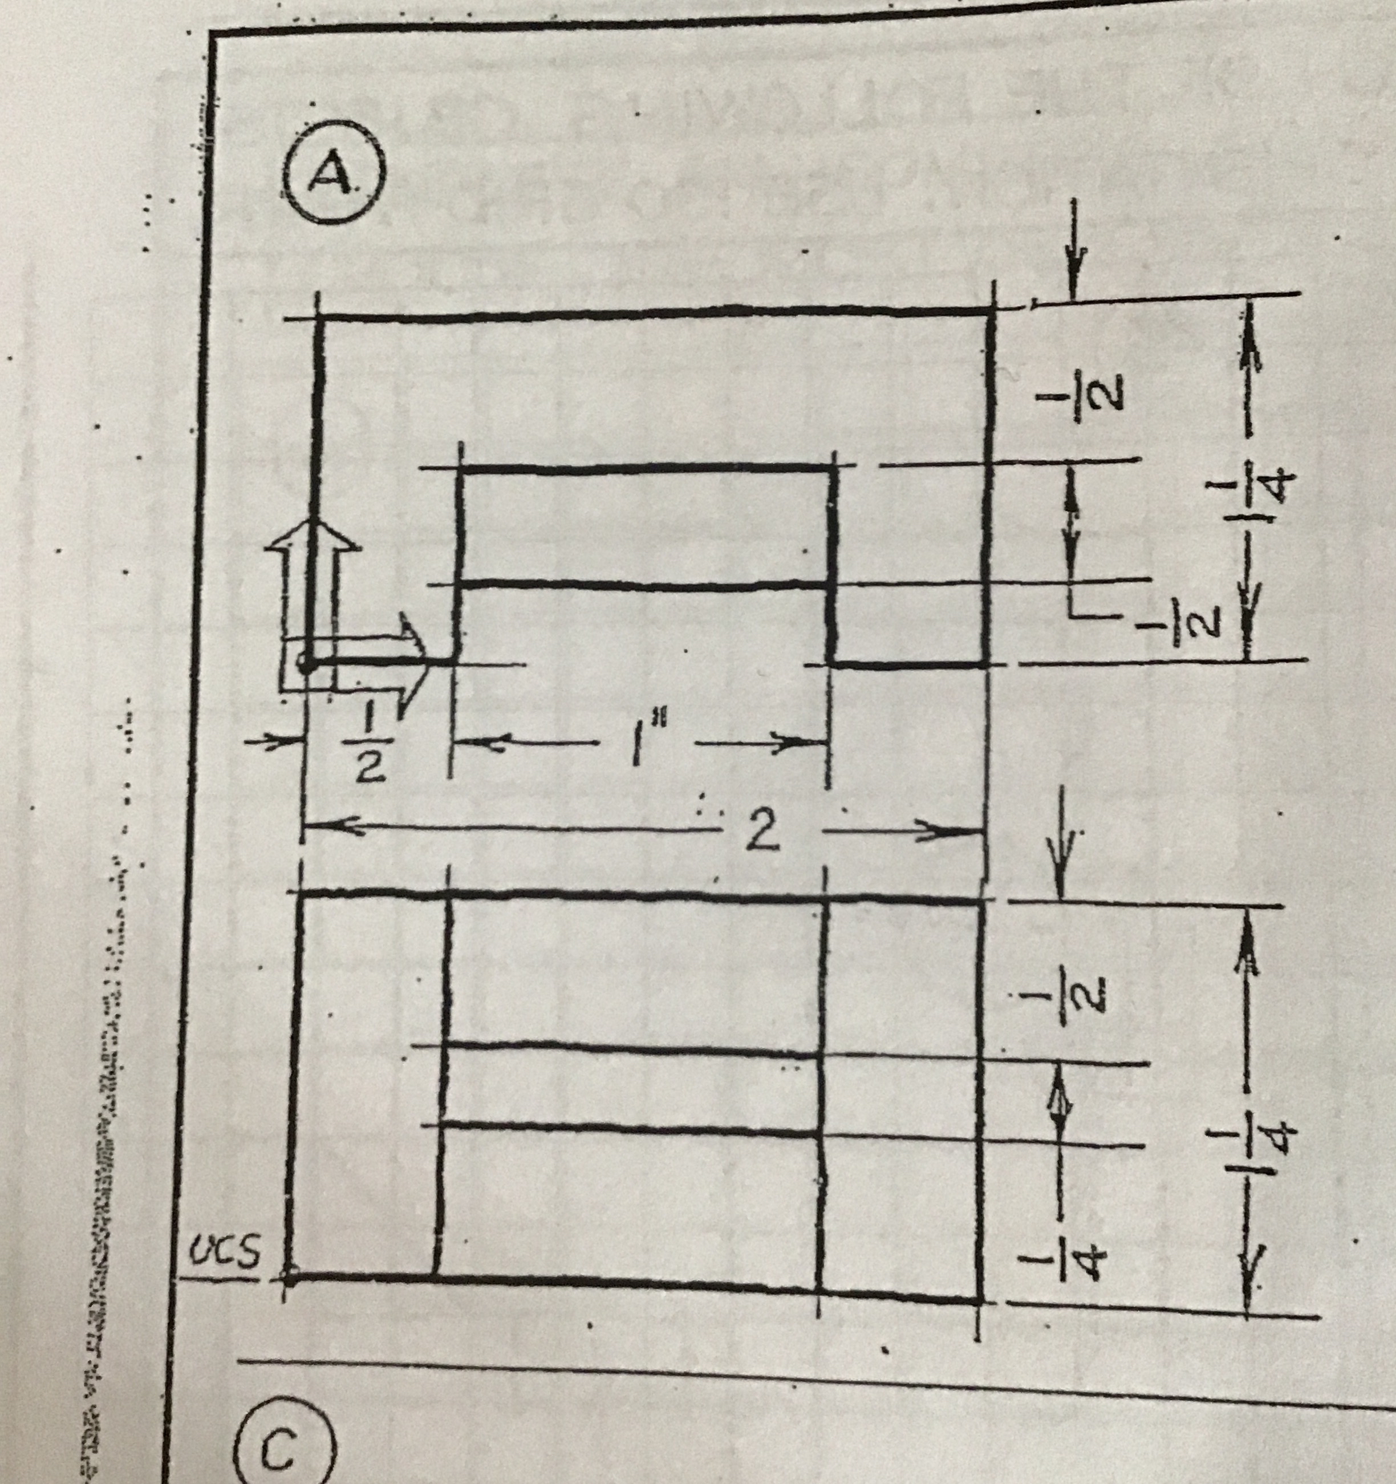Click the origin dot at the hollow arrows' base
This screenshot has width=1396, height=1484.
(x=306, y=662)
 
